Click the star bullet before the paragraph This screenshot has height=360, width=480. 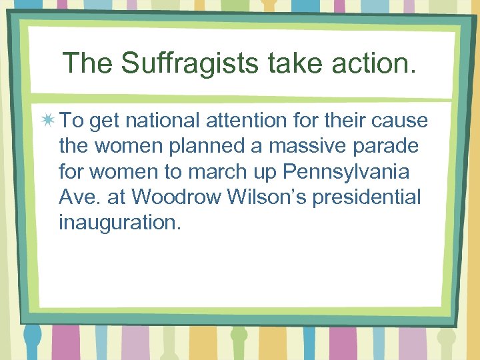tap(48, 121)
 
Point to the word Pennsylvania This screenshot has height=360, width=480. tap(347, 172)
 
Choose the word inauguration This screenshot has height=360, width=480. tap(119, 223)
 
